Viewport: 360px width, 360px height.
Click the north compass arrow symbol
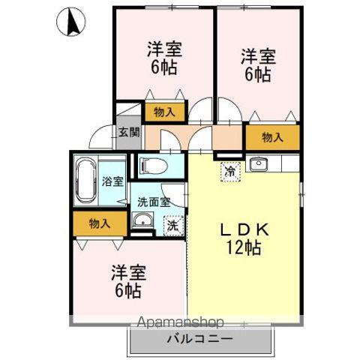73,22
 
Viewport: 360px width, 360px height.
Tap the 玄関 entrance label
128,133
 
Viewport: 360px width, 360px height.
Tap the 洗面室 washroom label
154,201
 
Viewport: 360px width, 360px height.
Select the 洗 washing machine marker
172,223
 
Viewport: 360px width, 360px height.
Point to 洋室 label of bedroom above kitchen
257,56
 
